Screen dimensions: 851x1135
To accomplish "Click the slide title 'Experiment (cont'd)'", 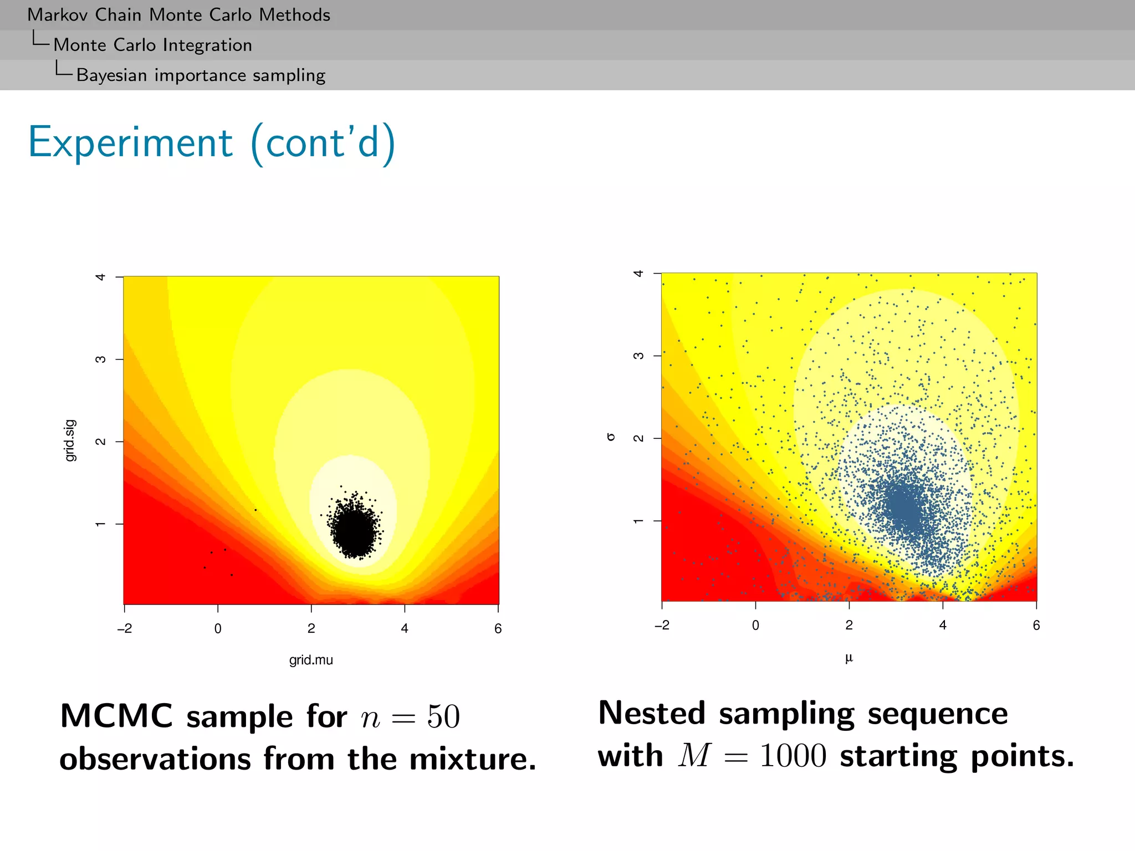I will pyautogui.click(x=212, y=143).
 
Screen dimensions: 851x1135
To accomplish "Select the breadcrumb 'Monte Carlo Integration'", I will pyautogui.click(x=152, y=45).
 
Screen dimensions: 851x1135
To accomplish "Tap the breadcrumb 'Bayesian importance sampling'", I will pyautogui.click(x=201, y=75).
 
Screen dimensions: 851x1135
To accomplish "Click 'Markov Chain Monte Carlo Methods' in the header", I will pyautogui.click(x=178, y=15).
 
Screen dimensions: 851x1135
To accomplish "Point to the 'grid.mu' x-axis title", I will pyautogui.click(x=311, y=660).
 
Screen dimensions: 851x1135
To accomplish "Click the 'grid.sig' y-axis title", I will pyautogui.click(x=70, y=440).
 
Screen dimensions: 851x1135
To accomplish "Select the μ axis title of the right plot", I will pyautogui.click(x=848, y=658).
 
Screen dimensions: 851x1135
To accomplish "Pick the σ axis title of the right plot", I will pyautogui.click(x=611, y=437).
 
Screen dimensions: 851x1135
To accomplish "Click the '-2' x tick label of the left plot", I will pyautogui.click(x=125, y=628).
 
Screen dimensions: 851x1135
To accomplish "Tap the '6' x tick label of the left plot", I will pyautogui.click(x=498, y=628).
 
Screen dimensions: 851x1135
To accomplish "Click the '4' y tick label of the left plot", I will pyautogui.click(x=100, y=276).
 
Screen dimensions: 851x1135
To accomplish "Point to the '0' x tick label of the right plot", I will pyautogui.click(x=755, y=626).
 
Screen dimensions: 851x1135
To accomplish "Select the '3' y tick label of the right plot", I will pyautogui.click(x=638, y=356).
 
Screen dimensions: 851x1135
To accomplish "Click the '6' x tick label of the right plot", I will pyautogui.click(x=1036, y=626).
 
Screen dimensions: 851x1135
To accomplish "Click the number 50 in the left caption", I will pyautogui.click(x=443, y=717).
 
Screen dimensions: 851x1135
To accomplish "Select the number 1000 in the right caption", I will pyautogui.click(x=793, y=756).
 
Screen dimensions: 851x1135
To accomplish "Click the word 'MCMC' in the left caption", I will pyautogui.click(x=116, y=716).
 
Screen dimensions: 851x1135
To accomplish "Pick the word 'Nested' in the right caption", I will pyautogui.click(x=652, y=713).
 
